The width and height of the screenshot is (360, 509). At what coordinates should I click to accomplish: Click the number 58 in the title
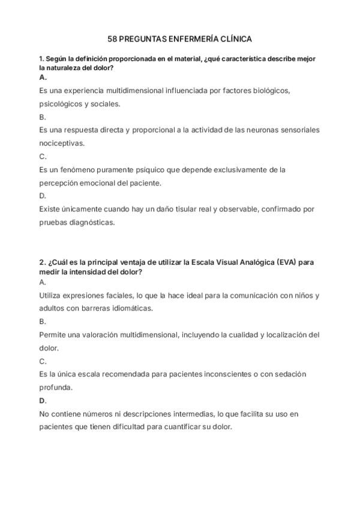112,39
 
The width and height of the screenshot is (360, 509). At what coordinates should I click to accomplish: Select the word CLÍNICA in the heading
235,39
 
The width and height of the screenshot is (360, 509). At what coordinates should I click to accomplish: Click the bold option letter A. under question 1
43,77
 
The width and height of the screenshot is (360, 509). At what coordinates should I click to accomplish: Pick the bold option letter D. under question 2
43,400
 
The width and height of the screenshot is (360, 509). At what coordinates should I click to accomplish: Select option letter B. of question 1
43,117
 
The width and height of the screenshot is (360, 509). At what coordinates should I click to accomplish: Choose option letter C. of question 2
43,361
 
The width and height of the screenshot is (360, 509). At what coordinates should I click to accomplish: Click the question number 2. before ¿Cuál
43,262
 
